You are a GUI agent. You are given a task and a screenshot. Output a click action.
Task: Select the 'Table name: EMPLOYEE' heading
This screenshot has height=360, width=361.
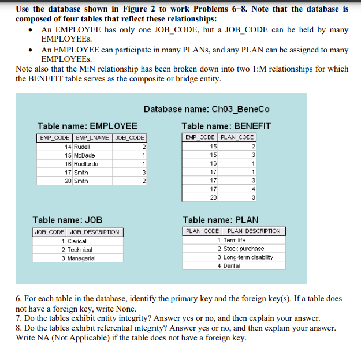click(87, 126)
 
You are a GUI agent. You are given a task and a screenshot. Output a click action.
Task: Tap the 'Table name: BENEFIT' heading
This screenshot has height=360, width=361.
click(226, 126)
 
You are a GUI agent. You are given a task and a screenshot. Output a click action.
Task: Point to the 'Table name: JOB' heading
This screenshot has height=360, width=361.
click(67, 220)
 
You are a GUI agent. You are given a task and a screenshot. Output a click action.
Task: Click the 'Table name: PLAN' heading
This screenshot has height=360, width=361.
click(220, 220)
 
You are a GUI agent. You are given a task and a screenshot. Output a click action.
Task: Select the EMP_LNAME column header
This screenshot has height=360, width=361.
click(93, 138)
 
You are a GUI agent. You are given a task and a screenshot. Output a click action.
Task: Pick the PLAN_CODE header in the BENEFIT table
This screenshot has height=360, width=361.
click(237, 138)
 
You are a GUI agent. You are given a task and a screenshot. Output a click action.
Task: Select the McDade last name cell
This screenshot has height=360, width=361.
click(84, 156)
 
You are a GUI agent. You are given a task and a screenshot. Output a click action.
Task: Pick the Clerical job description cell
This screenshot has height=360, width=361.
click(77, 241)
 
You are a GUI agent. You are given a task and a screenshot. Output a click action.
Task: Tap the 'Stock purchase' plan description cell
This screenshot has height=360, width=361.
click(244, 249)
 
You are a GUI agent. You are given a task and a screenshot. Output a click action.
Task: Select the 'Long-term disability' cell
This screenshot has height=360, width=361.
click(248, 257)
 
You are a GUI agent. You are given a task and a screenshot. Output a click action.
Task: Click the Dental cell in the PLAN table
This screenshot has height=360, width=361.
click(232, 266)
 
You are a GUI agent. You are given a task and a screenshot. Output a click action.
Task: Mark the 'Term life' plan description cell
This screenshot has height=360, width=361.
click(235, 240)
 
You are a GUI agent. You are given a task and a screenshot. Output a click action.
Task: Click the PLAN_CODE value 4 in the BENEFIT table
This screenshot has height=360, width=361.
click(252, 189)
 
